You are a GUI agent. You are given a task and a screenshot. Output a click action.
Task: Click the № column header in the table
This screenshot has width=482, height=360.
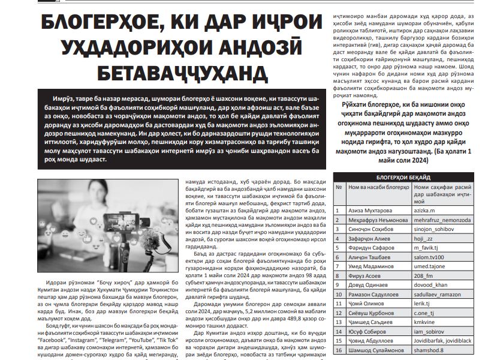pos(339,188)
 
